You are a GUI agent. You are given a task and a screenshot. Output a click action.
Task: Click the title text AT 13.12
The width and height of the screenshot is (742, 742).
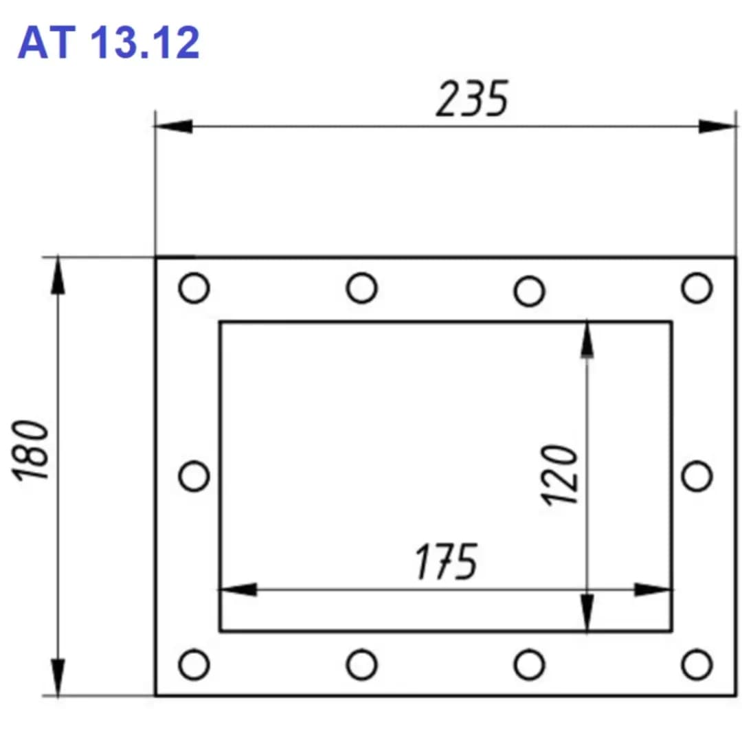pos(109,43)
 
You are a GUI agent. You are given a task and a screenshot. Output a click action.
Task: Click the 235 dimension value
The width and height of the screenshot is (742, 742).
pos(472,99)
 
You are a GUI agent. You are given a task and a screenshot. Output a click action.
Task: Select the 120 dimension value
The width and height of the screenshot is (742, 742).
pos(559,475)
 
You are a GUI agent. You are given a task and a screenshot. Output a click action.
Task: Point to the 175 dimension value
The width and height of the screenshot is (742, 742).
pos(447,561)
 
